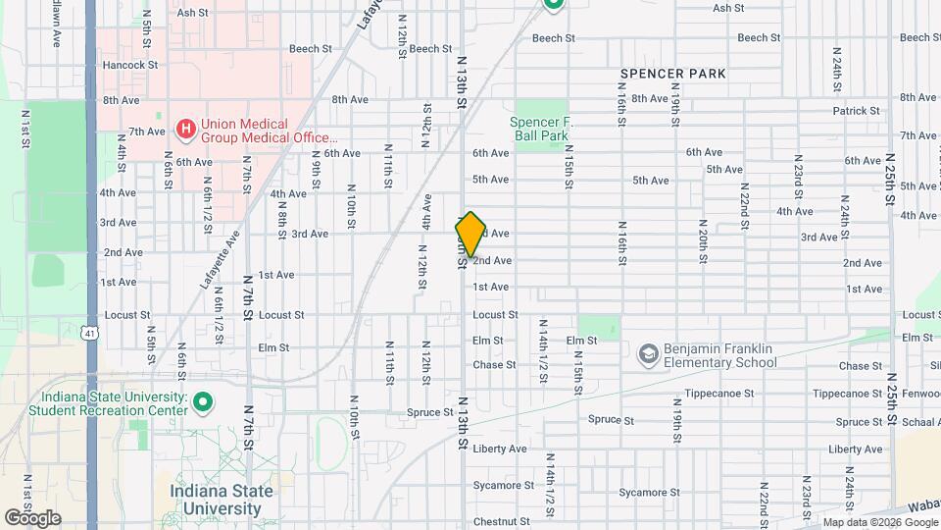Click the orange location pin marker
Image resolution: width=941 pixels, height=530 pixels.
470,235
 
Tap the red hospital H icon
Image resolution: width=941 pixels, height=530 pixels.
184,129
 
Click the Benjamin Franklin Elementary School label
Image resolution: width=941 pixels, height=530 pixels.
719,355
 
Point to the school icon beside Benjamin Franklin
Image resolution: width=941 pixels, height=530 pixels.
647,351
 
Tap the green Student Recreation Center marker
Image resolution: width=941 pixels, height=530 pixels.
203,403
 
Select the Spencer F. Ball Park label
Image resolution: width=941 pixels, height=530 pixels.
539,129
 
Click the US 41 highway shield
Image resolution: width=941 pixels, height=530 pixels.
89,334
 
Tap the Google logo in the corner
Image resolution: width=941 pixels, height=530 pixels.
32,517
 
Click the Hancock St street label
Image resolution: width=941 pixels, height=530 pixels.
130,65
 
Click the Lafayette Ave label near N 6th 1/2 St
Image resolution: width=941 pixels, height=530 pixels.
221,260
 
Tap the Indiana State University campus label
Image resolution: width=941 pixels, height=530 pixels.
215,500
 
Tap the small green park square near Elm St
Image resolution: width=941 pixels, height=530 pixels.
598,327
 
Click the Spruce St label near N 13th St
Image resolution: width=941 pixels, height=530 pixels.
431,412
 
